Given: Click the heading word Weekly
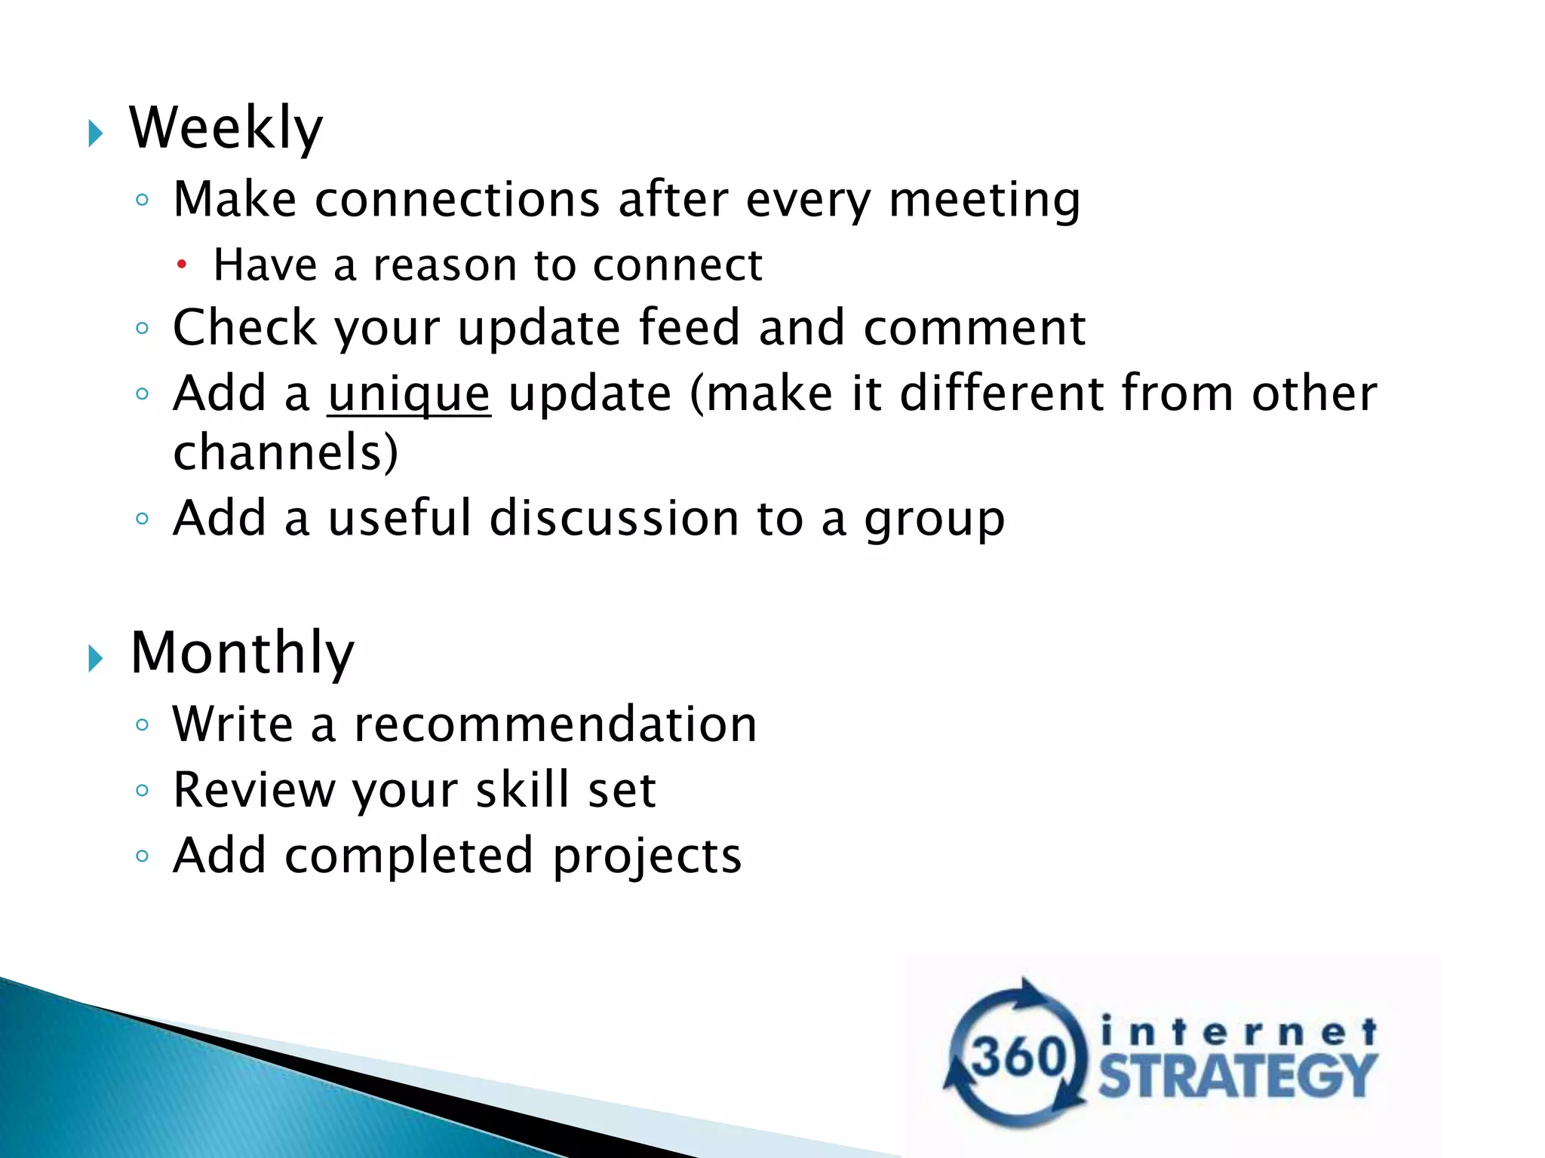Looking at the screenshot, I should (x=226, y=128).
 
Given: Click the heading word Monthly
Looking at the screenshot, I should (x=241, y=653).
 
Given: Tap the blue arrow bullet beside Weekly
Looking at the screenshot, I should (x=95, y=134).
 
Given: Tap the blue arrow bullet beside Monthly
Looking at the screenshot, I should (x=95, y=659).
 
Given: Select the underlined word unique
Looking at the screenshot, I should (x=409, y=394).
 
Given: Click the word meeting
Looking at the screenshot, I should (x=984, y=201).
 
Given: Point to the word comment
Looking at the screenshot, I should (x=974, y=328).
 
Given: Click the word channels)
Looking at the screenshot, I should (x=285, y=452).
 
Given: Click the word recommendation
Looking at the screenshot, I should (x=555, y=725).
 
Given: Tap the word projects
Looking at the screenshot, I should (x=647, y=856).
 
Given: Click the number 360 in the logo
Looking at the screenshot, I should (x=1018, y=1055).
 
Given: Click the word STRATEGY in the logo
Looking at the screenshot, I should (x=1237, y=1076).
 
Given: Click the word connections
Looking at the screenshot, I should (x=457, y=201).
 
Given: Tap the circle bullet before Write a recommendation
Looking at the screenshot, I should (x=142, y=725).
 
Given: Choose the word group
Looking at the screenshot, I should (x=934, y=520).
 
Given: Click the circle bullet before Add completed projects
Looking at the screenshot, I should (x=142, y=856).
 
